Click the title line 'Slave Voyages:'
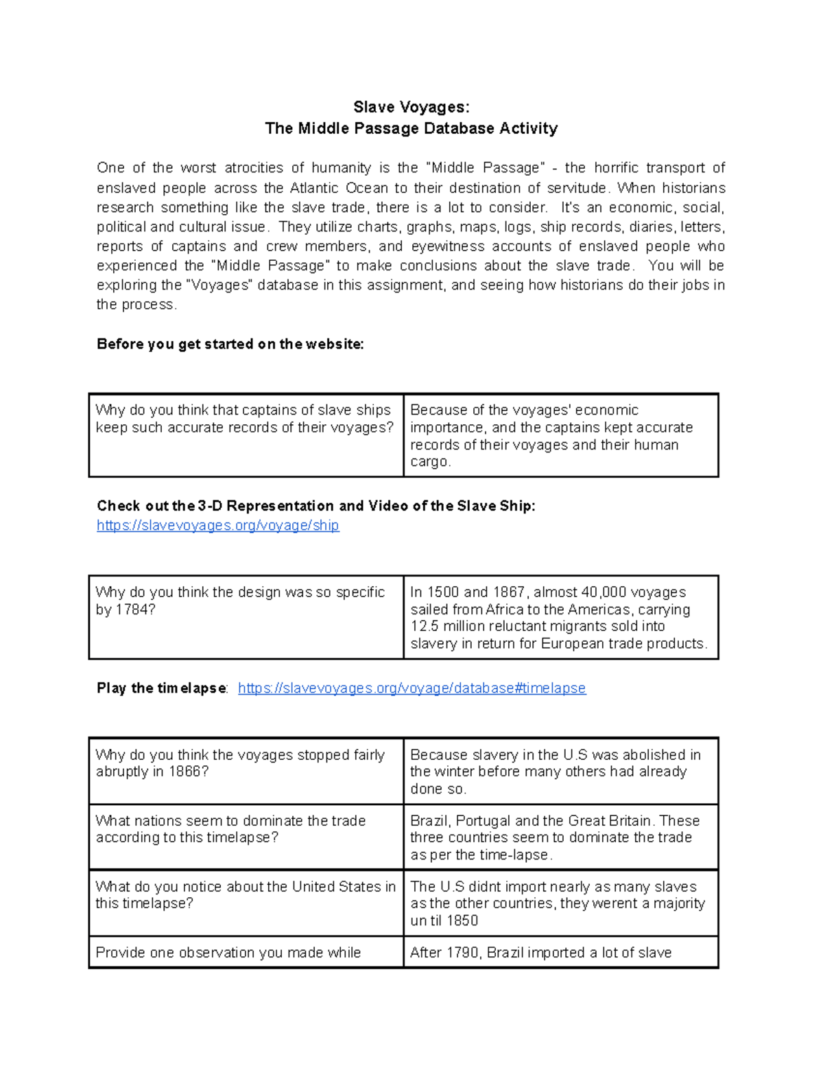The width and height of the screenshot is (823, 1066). click(411, 107)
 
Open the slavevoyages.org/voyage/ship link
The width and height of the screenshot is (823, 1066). click(217, 526)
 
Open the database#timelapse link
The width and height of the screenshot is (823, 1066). click(411, 688)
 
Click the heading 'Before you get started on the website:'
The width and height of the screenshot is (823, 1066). click(230, 345)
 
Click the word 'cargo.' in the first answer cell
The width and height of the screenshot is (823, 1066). click(431, 462)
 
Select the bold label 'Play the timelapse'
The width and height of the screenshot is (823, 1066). click(162, 688)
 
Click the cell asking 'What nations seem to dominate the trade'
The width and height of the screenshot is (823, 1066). click(246, 836)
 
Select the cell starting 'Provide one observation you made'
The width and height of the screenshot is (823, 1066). click(246, 953)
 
